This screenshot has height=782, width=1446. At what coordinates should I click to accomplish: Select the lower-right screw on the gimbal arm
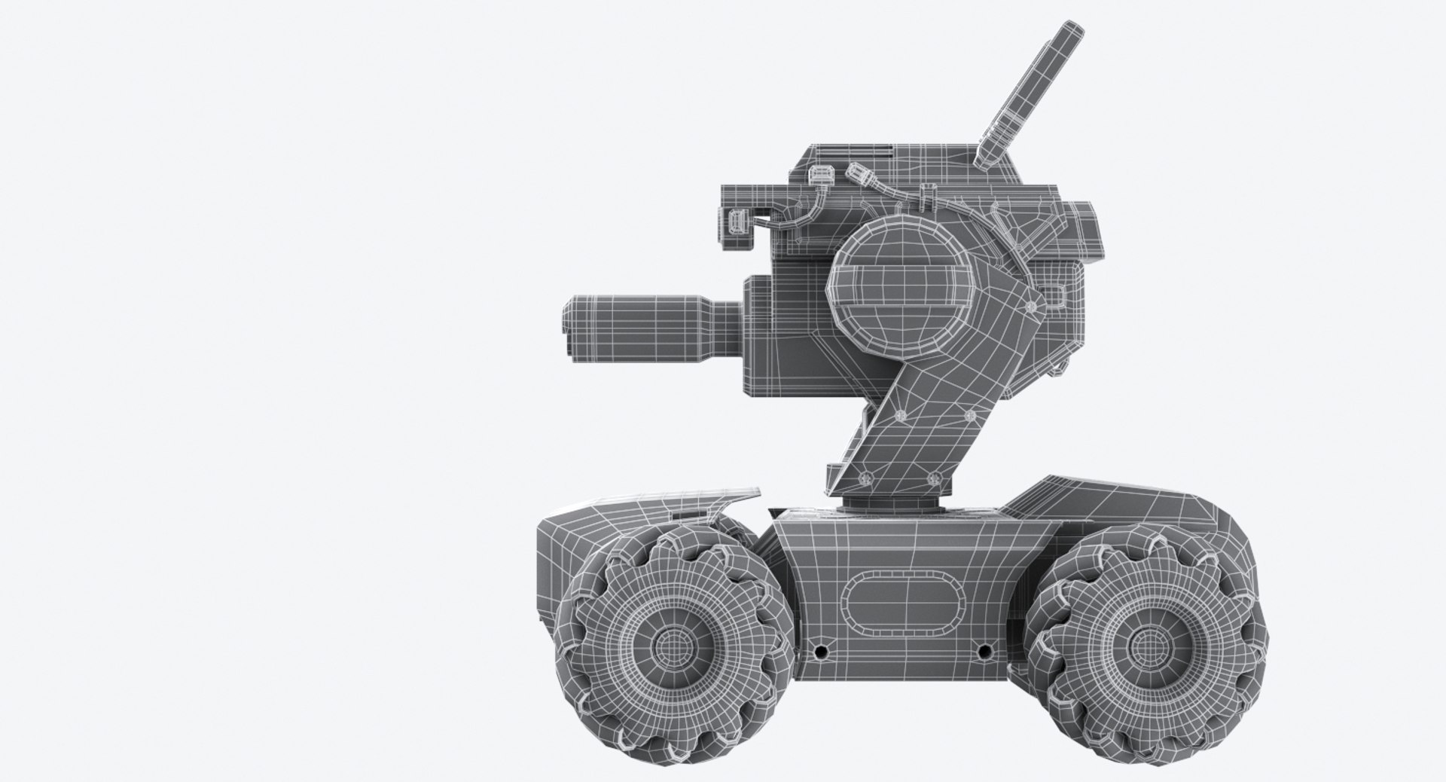(934, 477)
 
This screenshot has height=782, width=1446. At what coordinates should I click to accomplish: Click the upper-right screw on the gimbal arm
(970, 416)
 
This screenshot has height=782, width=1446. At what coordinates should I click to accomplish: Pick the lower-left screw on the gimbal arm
(863, 477)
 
